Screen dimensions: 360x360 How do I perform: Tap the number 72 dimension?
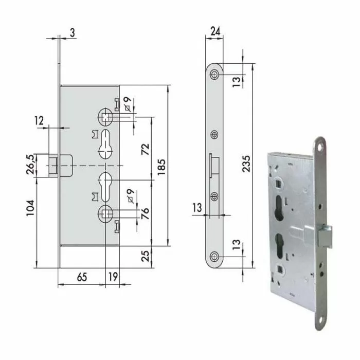(146, 150)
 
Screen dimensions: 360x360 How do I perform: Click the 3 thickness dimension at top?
(72, 32)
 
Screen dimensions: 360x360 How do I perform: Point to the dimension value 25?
(146, 255)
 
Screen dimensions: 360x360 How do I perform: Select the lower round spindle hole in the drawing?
(105, 212)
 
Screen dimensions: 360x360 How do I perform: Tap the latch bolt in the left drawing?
(55, 165)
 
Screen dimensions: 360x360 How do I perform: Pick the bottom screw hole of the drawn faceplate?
(214, 257)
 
